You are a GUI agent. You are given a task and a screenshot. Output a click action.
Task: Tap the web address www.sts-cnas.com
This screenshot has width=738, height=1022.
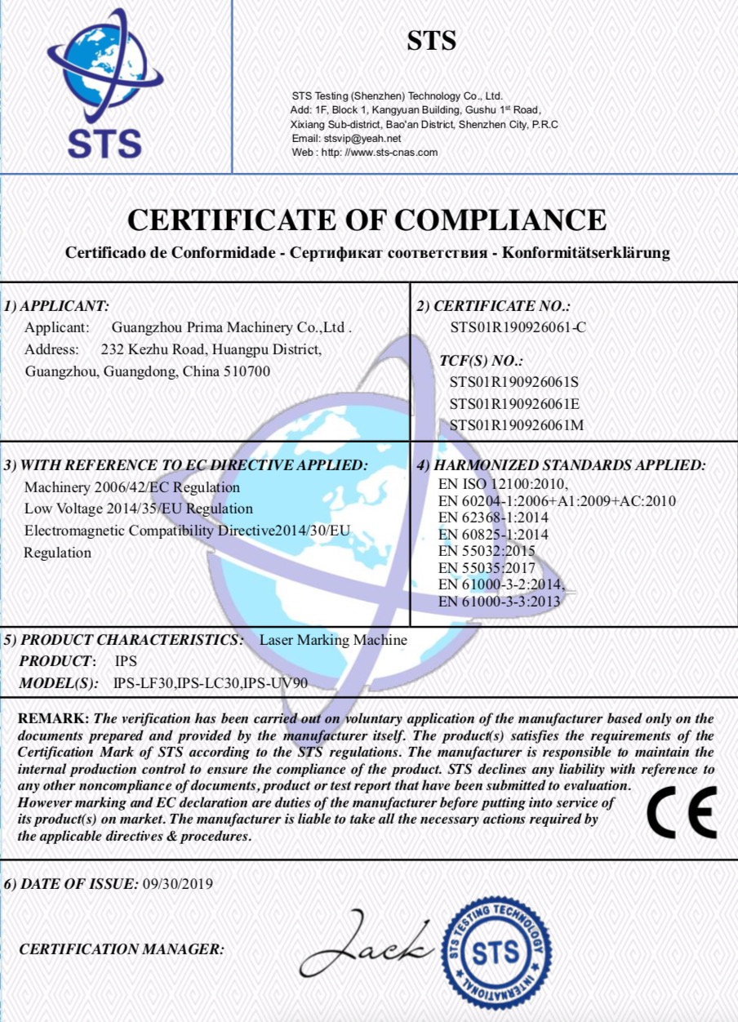click(392, 153)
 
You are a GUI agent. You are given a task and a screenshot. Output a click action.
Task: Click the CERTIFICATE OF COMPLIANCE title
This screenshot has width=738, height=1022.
click(367, 220)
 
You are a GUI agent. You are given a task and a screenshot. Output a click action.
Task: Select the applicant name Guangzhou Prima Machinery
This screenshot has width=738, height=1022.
click(231, 328)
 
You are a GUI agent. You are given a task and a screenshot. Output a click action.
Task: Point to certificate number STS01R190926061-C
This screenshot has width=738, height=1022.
click(518, 328)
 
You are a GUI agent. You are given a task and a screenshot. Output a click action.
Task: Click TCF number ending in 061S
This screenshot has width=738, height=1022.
click(513, 382)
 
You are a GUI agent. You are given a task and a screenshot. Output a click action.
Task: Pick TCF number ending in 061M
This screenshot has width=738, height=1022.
click(516, 424)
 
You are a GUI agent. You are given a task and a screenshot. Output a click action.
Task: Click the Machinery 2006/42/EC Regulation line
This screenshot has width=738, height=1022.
click(132, 487)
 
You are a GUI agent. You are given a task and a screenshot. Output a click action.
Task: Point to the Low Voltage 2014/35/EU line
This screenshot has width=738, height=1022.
click(139, 509)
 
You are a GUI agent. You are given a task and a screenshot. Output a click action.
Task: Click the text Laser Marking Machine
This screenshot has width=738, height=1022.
click(333, 640)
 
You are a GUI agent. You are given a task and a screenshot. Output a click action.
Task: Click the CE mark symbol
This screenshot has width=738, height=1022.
click(682, 812)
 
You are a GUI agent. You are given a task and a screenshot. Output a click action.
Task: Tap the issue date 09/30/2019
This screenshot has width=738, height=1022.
click(177, 883)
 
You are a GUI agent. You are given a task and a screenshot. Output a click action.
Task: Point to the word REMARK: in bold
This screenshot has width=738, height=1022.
click(53, 719)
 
